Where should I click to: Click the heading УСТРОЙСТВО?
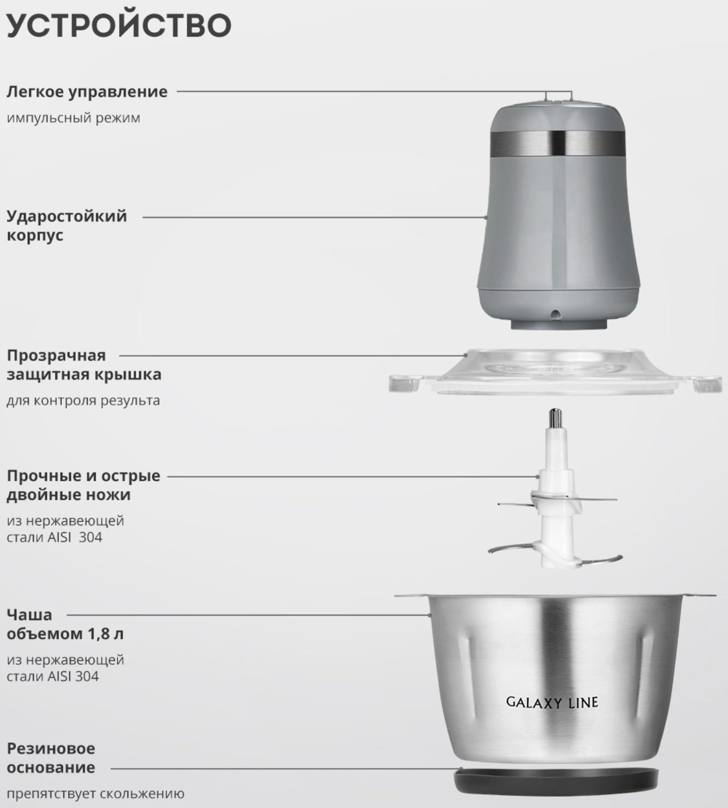coord(119,25)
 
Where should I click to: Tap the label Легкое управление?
coord(87,92)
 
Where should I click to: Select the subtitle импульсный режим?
coord(74,119)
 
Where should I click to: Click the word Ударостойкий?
coord(67,216)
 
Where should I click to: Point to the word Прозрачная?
coord(56,356)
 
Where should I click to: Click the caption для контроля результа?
coord(84,401)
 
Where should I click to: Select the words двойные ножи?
coord(69,494)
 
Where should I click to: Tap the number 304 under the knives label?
coord(91,538)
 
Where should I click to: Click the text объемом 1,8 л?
coord(65,634)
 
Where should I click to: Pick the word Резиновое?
coord(51,749)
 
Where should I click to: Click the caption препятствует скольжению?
coord(96,794)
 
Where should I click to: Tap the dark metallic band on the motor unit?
coord(558,143)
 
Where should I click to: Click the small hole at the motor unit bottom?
coord(555,313)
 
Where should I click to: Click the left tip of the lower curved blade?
coord(490,551)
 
